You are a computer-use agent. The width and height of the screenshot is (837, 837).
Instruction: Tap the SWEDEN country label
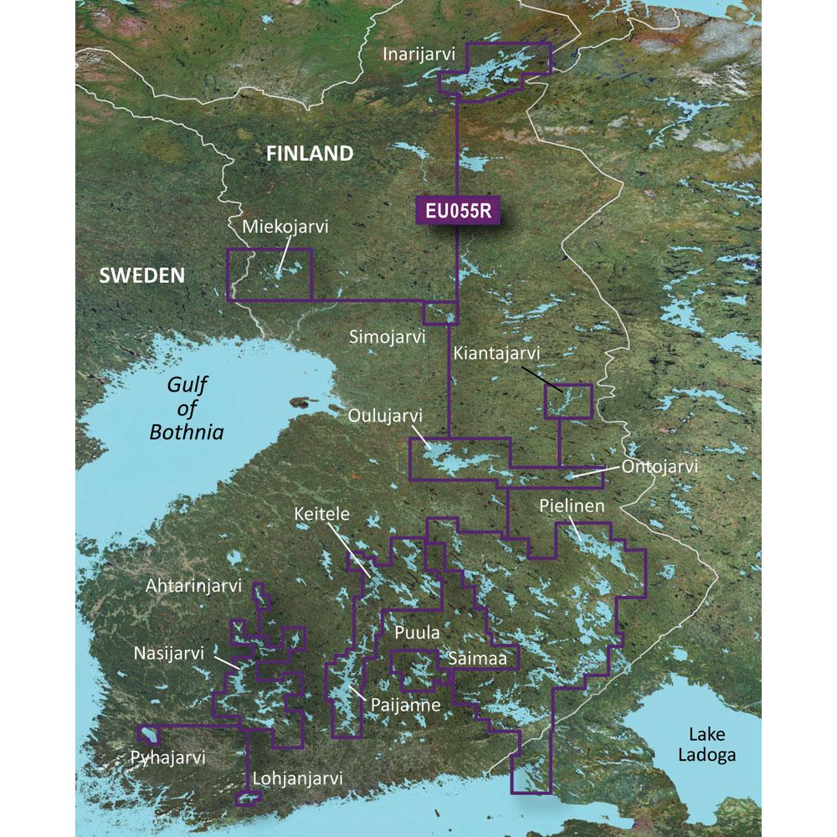click(141, 275)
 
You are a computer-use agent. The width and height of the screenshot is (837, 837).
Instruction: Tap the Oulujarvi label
click(386, 416)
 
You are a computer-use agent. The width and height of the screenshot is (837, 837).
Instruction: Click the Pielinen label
click(572, 506)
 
